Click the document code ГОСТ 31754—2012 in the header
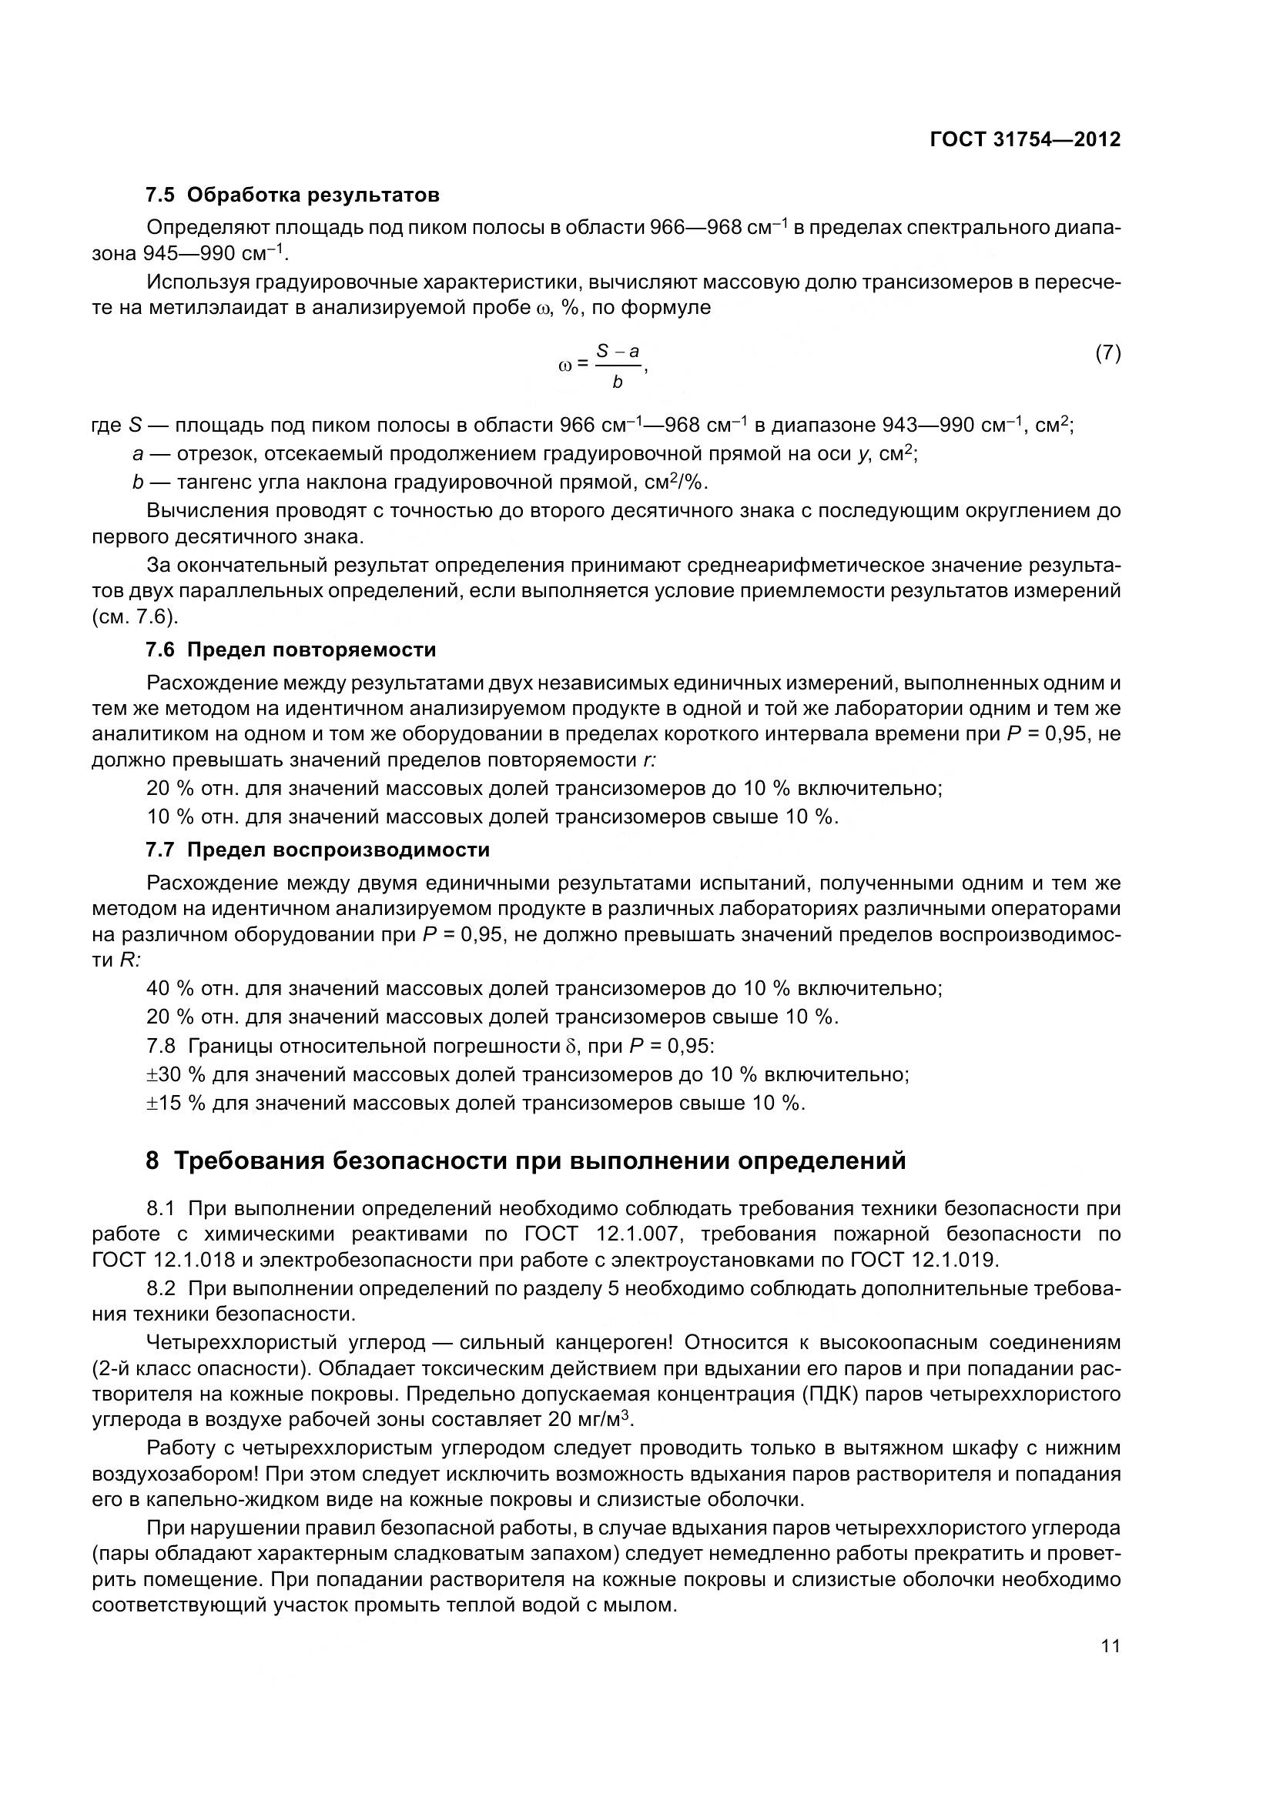[1025, 139]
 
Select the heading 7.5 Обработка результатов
[293, 195]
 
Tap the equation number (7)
[1107, 352]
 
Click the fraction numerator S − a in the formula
[618, 352]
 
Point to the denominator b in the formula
[618, 382]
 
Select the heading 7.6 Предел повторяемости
[291, 650]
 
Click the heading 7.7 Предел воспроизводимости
[317, 850]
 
